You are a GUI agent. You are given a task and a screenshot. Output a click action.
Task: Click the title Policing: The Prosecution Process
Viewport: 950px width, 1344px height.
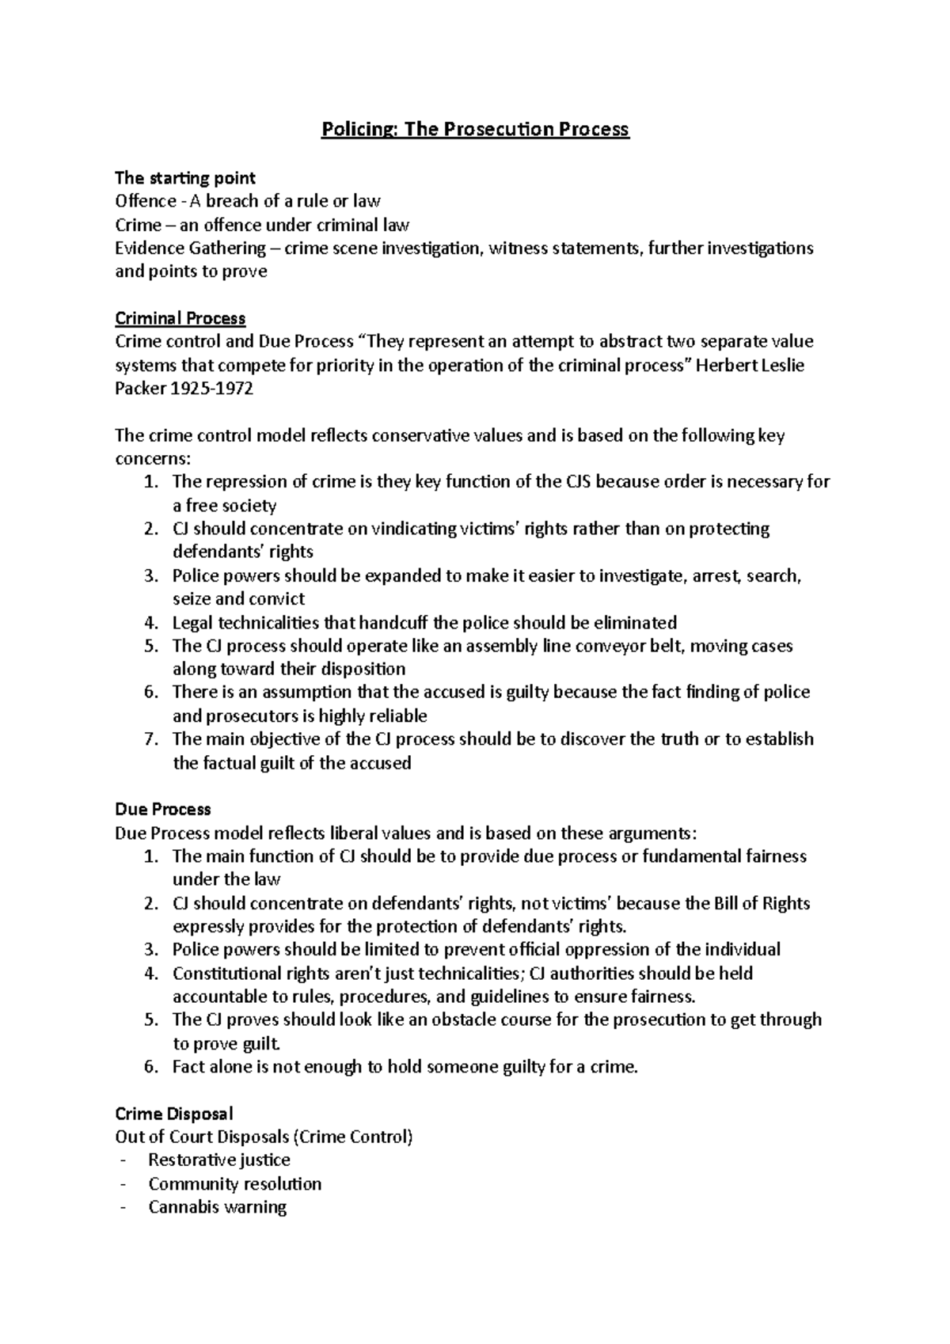(474, 129)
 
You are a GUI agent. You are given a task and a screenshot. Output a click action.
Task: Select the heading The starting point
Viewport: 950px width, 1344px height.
(185, 177)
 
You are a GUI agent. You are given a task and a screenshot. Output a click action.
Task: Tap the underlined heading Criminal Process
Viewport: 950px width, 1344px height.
(180, 318)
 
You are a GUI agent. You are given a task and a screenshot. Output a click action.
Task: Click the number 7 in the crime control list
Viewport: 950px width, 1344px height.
(151, 739)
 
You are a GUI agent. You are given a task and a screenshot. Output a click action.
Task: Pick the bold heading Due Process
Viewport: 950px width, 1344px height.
(163, 809)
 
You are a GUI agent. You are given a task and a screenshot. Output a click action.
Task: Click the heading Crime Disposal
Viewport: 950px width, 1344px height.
(174, 1114)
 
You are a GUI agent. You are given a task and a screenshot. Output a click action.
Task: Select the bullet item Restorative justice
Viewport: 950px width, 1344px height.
(219, 1160)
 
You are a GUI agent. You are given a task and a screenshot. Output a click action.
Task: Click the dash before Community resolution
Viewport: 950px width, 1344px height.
(121, 1184)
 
